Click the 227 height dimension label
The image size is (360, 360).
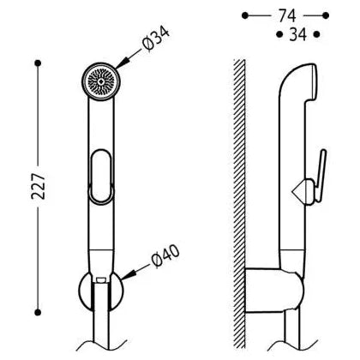[x=39, y=186]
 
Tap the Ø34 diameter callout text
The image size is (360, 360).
[x=156, y=39]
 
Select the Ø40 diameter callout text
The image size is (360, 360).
[x=165, y=256]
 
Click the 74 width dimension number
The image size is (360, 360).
[x=287, y=15]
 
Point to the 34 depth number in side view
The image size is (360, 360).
[x=298, y=34]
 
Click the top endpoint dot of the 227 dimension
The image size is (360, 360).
[x=38, y=63]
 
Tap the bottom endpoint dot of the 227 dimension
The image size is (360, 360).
[x=38, y=313]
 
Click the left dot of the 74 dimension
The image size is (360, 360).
[x=245, y=15]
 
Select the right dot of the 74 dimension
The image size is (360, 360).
[x=326, y=15]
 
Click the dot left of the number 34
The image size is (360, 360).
[x=279, y=34]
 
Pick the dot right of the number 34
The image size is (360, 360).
[x=317, y=34]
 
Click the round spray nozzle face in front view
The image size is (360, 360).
[x=100, y=81]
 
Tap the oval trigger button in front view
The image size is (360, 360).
[x=100, y=177]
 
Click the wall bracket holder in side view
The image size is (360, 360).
[x=273, y=291]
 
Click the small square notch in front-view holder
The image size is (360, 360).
[x=99, y=280]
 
